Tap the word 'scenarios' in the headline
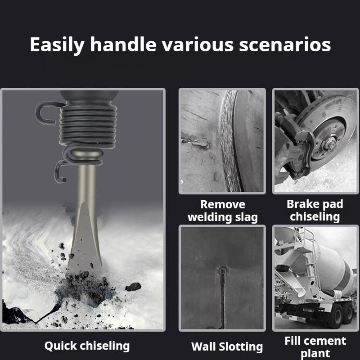pos(285,45)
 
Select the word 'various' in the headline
pos(198,45)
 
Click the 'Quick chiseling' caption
pos(87,346)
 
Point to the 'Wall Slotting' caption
pos(227,346)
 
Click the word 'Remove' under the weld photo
pos(223,204)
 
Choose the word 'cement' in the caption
pos(325,341)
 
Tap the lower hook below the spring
pos(60,171)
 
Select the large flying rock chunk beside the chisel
pos(133,287)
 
